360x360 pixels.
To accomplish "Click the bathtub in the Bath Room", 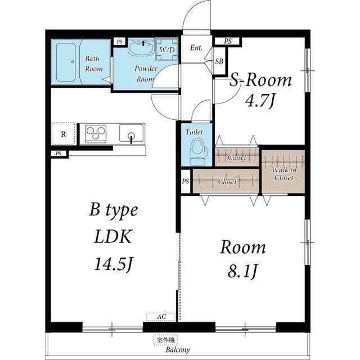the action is point(66,62).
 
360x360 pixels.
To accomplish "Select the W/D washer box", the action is point(167,49).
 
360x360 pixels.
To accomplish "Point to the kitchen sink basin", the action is point(131,133).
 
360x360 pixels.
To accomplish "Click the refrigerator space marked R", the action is point(64,134).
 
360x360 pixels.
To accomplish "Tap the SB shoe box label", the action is point(219,61).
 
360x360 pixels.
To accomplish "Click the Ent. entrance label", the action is point(196,48).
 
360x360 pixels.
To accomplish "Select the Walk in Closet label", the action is point(283,174).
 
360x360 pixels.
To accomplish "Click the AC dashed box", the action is point(161,317).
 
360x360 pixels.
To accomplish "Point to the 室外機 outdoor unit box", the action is point(165,340).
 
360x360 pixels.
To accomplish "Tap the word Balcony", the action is point(178,350).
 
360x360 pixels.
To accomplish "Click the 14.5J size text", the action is point(114,264).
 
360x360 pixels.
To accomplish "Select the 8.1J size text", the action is point(242,271).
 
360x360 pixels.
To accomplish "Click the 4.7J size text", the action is point(260,101).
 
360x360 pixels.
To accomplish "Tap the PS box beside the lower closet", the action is point(186,181).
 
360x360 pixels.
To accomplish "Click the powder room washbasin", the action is point(141,47).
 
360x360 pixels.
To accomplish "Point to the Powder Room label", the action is point(146,74).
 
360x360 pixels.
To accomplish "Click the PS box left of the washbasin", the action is point(119,42).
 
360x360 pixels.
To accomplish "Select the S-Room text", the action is point(260,80).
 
